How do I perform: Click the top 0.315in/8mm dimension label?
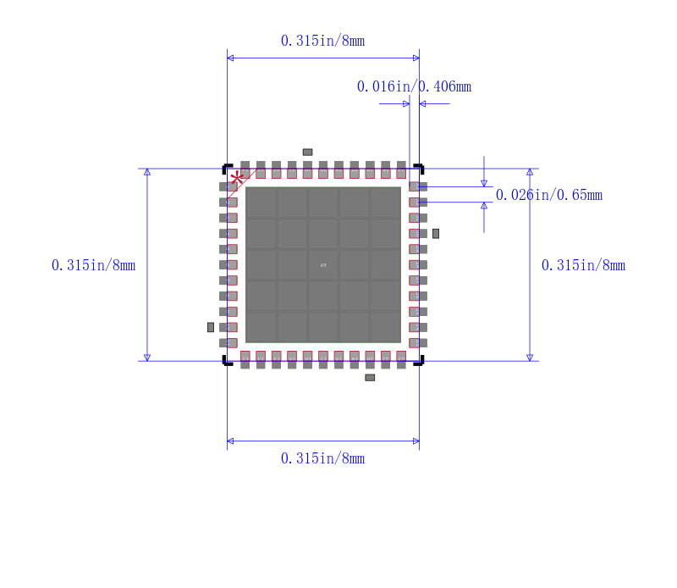(x=322, y=41)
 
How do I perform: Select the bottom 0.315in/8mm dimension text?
(x=322, y=458)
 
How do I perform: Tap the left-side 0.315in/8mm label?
(x=93, y=265)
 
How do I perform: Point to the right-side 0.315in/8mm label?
(x=583, y=265)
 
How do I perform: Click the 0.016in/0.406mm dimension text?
(x=414, y=86)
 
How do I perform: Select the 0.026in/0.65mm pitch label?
(x=549, y=195)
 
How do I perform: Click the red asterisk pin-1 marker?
(x=238, y=178)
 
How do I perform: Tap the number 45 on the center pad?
(x=322, y=265)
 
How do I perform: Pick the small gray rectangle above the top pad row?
(x=307, y=153)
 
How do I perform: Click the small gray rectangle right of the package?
(x=436, y=233)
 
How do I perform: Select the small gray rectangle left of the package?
(x=211, y=327)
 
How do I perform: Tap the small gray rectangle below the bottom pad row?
(x=370, y=377)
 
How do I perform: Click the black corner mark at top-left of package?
(x=226, y=167)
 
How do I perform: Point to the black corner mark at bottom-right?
(x=419, y=362)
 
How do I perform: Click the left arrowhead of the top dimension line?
(x=230, y=58)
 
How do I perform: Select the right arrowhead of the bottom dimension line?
(x=416, y=441)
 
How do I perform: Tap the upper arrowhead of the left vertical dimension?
(x=147, y=172)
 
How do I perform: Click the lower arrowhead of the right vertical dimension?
(x=530, y=358)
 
